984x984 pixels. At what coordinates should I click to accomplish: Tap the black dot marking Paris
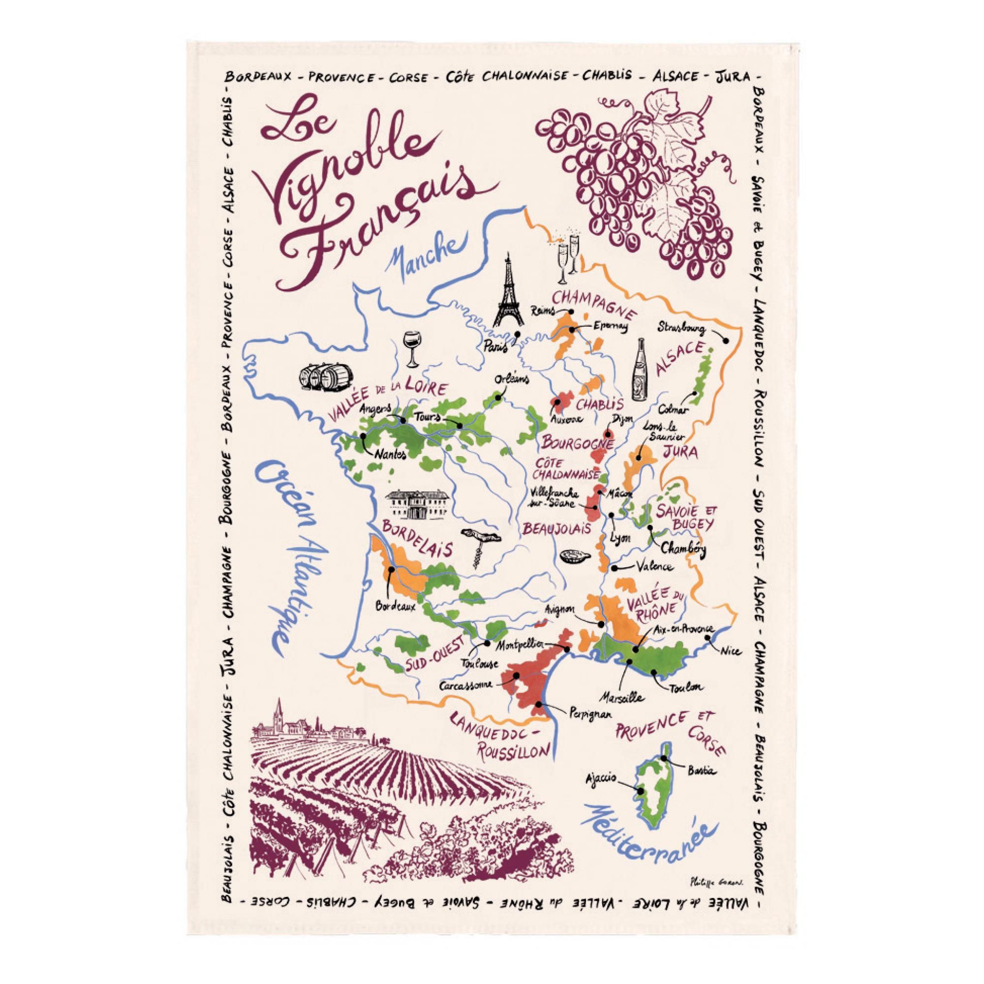(x=518, y=335)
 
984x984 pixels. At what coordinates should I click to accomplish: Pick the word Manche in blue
(x=423, y=255)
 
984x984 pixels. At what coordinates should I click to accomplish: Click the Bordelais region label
(x=414, y=539)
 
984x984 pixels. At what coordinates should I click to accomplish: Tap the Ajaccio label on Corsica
(x=601, y=779)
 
